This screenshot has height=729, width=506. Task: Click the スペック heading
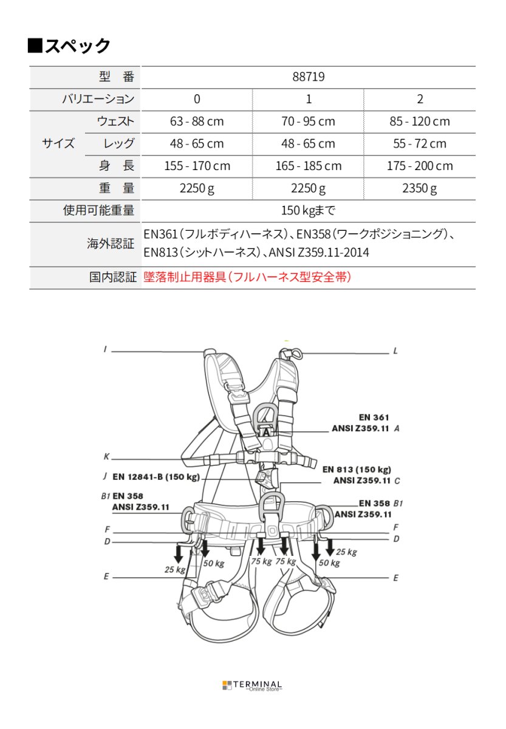tap(69, 46)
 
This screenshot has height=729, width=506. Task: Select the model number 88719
tap(308, 77)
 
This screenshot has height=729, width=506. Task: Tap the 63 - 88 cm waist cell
tap(197, 122)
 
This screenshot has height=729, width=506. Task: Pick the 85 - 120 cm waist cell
tap(420, 122)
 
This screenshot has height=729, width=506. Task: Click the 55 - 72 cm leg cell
tap(420, 144)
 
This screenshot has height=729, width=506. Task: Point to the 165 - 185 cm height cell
tap(308, 166)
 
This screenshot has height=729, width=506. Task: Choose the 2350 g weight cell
tap(420, 188)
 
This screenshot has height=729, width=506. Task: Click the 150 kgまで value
tap(308, 211)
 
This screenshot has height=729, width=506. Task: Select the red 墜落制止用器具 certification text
tap(247, 278)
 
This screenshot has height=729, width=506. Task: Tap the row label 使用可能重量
tap(99, 211)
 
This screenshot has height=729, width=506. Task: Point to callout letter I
tap(105, 349)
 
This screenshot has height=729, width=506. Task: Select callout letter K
tap(106, 457)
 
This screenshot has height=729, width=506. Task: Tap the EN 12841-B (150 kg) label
tap(156, 477)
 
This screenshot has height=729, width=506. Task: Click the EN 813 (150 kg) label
tap(357, 469)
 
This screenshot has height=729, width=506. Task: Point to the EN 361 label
tap(374, 417)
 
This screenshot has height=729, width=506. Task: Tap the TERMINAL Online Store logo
tap(252, 685)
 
